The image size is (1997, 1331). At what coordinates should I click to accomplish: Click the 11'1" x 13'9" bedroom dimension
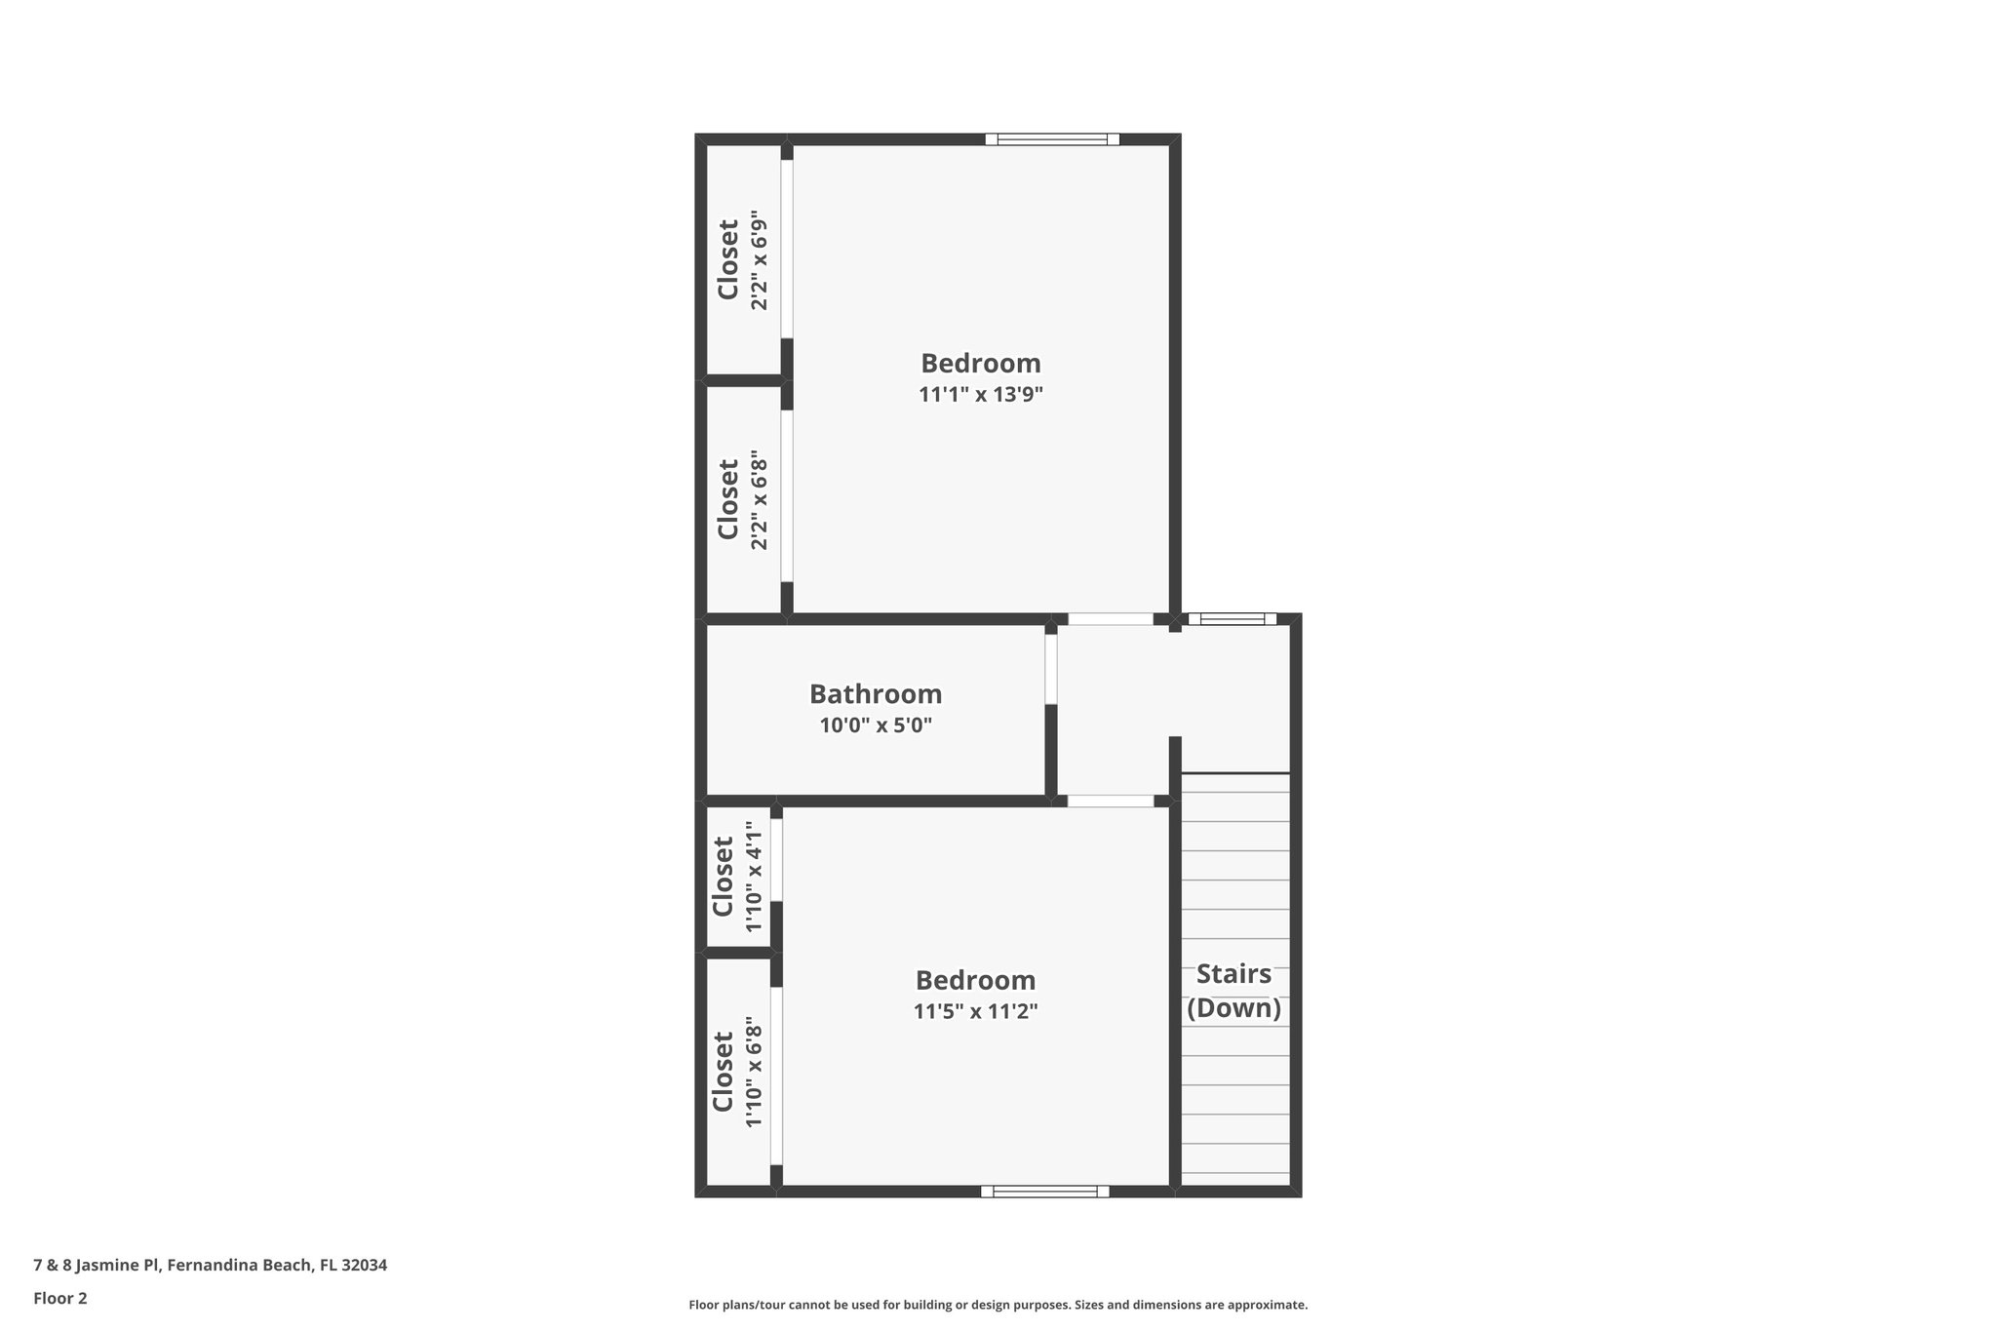point(981,395)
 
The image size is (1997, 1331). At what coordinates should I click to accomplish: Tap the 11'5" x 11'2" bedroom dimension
point(975,1011)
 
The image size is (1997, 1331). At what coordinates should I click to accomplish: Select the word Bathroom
point(876,694)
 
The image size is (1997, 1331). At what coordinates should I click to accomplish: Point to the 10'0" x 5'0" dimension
point(876,725)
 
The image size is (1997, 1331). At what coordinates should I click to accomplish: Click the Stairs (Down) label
point(1233,991)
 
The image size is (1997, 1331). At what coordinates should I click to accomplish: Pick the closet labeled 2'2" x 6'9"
point(741,260)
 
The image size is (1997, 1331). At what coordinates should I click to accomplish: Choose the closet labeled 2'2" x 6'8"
point(741,499)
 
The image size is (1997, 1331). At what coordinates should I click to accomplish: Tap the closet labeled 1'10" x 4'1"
point(737,877)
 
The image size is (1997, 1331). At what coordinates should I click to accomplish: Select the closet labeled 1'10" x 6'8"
point(737,1072)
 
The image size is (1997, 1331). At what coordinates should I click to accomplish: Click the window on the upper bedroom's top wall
point(1052,139)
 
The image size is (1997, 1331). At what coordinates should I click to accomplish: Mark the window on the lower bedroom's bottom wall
point(1044,1191)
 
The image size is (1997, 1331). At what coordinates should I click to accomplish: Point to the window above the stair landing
point(1232,618)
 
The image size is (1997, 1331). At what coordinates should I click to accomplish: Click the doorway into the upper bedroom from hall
point(1111,618)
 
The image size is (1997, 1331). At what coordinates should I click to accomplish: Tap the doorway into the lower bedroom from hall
point(1111,801)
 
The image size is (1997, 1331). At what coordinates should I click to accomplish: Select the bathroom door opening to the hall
point(1051,669)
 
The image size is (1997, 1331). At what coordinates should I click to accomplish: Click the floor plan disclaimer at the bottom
point(998,1305)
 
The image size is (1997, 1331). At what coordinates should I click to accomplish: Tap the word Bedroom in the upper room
point(981,363)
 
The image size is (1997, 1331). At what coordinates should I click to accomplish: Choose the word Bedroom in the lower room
point(975,980)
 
